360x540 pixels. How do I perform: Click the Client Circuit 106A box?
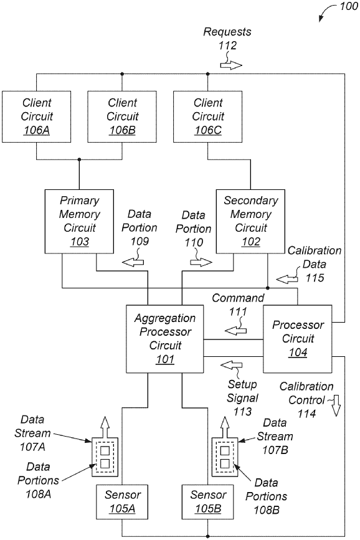tap(36, 116)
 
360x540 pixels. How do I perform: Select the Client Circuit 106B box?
tap(122, 116)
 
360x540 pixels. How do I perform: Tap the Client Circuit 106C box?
tap(207, 116)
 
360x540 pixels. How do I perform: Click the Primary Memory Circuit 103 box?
tap(80, 220)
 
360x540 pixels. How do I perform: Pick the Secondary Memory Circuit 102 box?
tap(250, 220)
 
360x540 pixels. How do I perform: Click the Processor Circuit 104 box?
tap(297, 339)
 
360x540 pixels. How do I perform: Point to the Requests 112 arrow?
tap(230, 65)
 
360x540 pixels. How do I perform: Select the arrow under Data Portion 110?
tap(200, 263)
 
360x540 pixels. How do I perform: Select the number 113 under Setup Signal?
tap(242, 411)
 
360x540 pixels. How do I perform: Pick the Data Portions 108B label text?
tap(266, 490)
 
